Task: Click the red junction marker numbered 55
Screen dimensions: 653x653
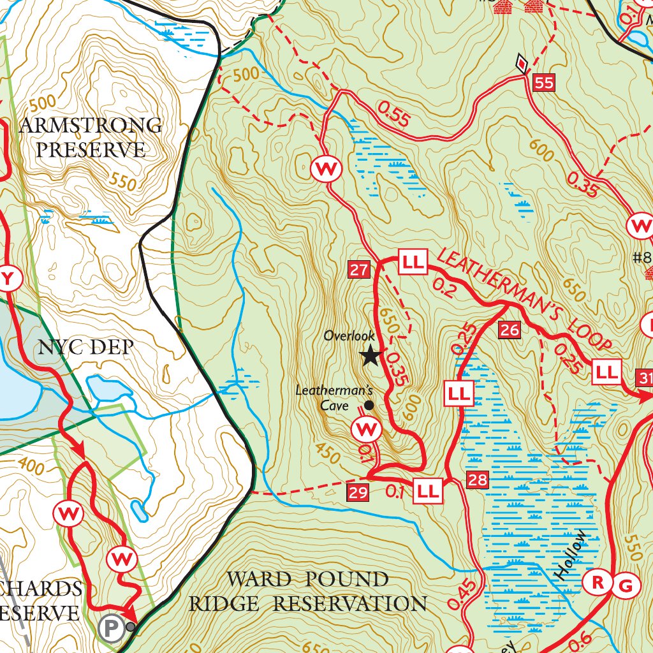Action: [545, 83]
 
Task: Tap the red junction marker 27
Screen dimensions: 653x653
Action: [358, 270]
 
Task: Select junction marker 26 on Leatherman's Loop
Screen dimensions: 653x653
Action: [510, 330]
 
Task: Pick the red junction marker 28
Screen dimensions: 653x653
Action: [478, 480]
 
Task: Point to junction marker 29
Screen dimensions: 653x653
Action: [358, 492]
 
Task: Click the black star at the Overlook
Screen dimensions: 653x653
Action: [371, 356]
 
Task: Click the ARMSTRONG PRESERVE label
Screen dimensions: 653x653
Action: [90, 137]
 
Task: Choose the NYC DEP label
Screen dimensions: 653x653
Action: [86, 347]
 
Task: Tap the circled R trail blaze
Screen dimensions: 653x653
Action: [598, 582]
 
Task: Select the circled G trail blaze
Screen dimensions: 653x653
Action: [626, 585]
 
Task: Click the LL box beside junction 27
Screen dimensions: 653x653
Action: [412, 261]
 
